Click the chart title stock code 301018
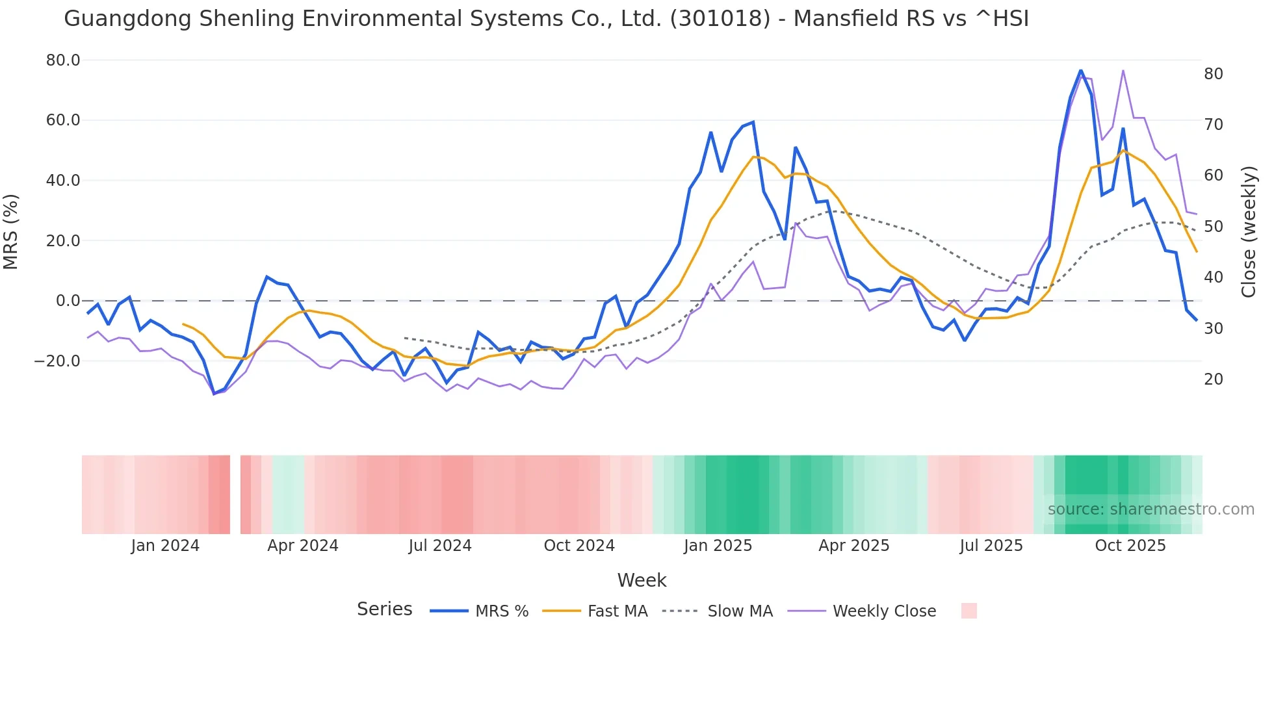(720, 19)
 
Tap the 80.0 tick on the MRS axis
(63, 60)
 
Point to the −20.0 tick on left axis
(57, 361)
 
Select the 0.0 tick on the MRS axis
(68, 301)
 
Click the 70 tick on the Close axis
(1213, 124)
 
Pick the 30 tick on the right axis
(1213, 328)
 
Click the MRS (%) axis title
(11, 231)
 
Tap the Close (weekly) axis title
(1248, 231)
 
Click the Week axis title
(642, 580)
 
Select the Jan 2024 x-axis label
(165, 546)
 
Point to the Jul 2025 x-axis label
(991, 546)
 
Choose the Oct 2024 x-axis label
(579, 546)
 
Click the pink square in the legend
(968, 611)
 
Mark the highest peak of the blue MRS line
(1080, 70)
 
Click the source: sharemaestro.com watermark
(1150, 509)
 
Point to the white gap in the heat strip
(235, 494)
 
